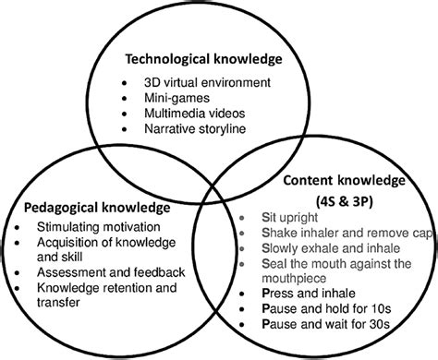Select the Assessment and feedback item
pos(110,271)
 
